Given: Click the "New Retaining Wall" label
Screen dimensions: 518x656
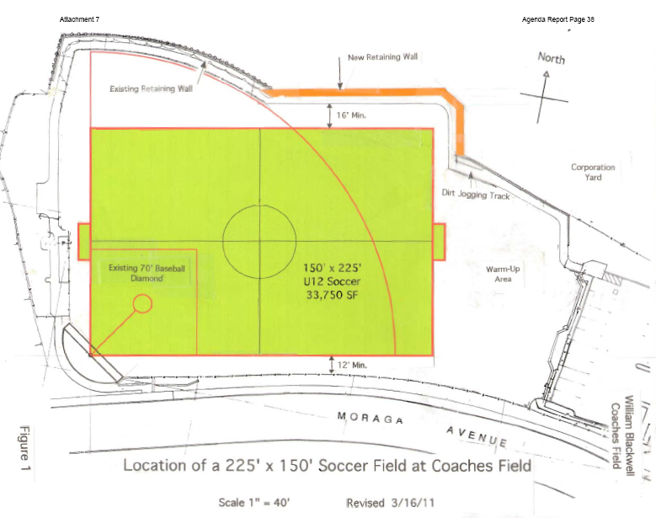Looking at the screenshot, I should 383,58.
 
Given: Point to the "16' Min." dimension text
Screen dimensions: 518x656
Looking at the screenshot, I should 352,114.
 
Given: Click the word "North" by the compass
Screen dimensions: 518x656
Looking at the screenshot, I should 552,58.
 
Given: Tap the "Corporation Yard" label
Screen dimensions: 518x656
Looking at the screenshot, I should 593,172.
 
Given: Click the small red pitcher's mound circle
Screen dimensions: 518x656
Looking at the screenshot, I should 143,303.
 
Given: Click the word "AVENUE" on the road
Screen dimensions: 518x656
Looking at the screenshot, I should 477,436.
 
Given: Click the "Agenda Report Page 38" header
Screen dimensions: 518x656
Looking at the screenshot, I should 557,19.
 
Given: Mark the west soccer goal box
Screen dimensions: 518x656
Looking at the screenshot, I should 83,242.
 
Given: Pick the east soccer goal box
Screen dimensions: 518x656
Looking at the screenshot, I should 440,242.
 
